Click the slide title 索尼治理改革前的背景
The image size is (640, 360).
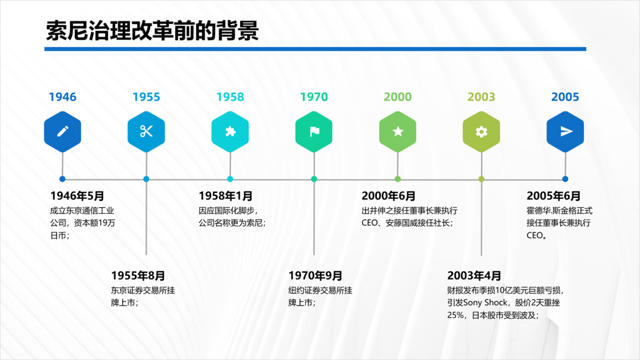click(x=152, y=30)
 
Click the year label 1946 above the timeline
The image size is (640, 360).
click(x=62, y=97)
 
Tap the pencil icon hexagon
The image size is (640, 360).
click(x=62, y=132)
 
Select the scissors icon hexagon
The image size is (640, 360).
click(x=146, y=132)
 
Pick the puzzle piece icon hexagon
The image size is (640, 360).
click(x=230, y=132)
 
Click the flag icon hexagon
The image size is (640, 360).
click(x=314, y=132)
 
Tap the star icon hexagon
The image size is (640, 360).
click(x=398, y=132)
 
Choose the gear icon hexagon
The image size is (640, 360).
click(x=482, y=132)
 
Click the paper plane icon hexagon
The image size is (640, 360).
click(x=565, y=132)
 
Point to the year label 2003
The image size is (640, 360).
click(x=482, y=97)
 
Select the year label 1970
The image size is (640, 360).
click(x=314, y=97)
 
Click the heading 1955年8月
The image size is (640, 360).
click(x=138, y=276)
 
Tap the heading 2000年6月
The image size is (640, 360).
click(x=389, y=196)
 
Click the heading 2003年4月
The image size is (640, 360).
click(x=474, y=276)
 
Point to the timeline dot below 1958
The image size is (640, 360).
click(x=230, y=179)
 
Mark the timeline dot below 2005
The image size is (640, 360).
click(x=565, y=179)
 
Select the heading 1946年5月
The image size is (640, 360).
click(x=77, y=196)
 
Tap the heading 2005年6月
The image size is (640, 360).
click(x=554, y=196)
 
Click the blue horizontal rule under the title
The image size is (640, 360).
click(x=315, y=49)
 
